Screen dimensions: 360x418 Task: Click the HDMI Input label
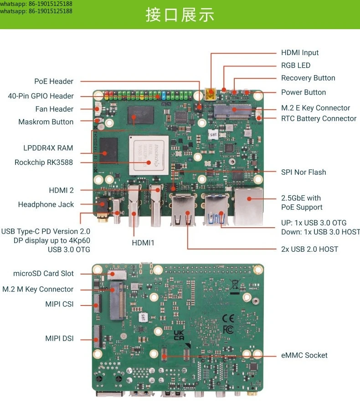click(x=300, y=53)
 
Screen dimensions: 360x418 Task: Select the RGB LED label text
click(x=296, y=66)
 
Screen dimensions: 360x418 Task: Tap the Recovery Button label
click(x=308, y=78)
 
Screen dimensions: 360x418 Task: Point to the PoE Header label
click(x=54, y=82)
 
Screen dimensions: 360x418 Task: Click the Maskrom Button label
click(x=46, y=122)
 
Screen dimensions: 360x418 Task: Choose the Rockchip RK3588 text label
click(x=44, y=163)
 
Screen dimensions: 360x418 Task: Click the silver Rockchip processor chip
click(x=149, y=155)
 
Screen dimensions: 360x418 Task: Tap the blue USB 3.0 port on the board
click(x=216, y=209)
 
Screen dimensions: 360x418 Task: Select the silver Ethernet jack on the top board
click(x=248, y=207)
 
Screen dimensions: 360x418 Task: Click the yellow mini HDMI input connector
click(x=210, y=94)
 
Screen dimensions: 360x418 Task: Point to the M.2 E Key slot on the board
click(x=232, y=112)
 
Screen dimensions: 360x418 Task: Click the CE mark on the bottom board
click(x=228, y=318)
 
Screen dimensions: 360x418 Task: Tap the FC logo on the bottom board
click(x=228, y=330)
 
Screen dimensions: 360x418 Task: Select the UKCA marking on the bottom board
click(x=179, y=335)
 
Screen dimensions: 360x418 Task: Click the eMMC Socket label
click(x=304, y=355)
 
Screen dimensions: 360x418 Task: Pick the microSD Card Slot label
click(x=43, y=274)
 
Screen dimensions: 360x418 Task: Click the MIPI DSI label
click(x=59, y=339)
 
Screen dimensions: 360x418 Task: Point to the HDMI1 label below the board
click(x=143, y=243)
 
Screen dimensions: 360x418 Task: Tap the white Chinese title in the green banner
click(x=180, y=15)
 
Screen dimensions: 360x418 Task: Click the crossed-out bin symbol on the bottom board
click(x=235, y=285)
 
